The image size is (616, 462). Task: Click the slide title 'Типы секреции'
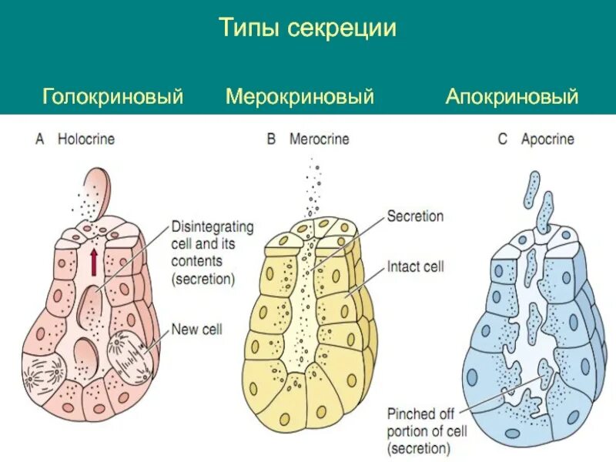pyautogui.click(x=307, y=29)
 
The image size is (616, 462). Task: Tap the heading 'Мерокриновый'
pyautogui.click(x=300, y=97)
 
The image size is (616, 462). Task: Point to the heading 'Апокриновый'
pyautogui.click(x=511, y=97)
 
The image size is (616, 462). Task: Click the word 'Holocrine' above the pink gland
pyautogui.click(x=86, y=139)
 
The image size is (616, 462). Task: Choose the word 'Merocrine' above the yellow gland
pyautogui.click(x=319, y=139)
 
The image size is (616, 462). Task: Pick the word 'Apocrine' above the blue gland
pyautogui.click(x=547, y=139)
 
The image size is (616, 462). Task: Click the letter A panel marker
pyautogui.click(x=41, y=139)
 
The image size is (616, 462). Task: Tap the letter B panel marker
pyautogui.click(x=271, y=139)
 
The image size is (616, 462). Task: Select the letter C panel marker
pyautogui.click(x=503, y=139)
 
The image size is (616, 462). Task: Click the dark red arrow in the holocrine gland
pyautogui.click(x=93, y=261)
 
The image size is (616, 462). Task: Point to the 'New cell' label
pyautogui.click(x=196, y=329)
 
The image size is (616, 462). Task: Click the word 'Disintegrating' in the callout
pyautogui.click(x=213, y=228)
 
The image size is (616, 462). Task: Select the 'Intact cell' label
pyautogui.click(x=416, y=267)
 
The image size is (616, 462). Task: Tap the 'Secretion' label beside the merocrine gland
pyautogui.click(x=415, y=216)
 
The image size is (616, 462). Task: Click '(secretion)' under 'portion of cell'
pyautogui.click(x=420, y=447)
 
